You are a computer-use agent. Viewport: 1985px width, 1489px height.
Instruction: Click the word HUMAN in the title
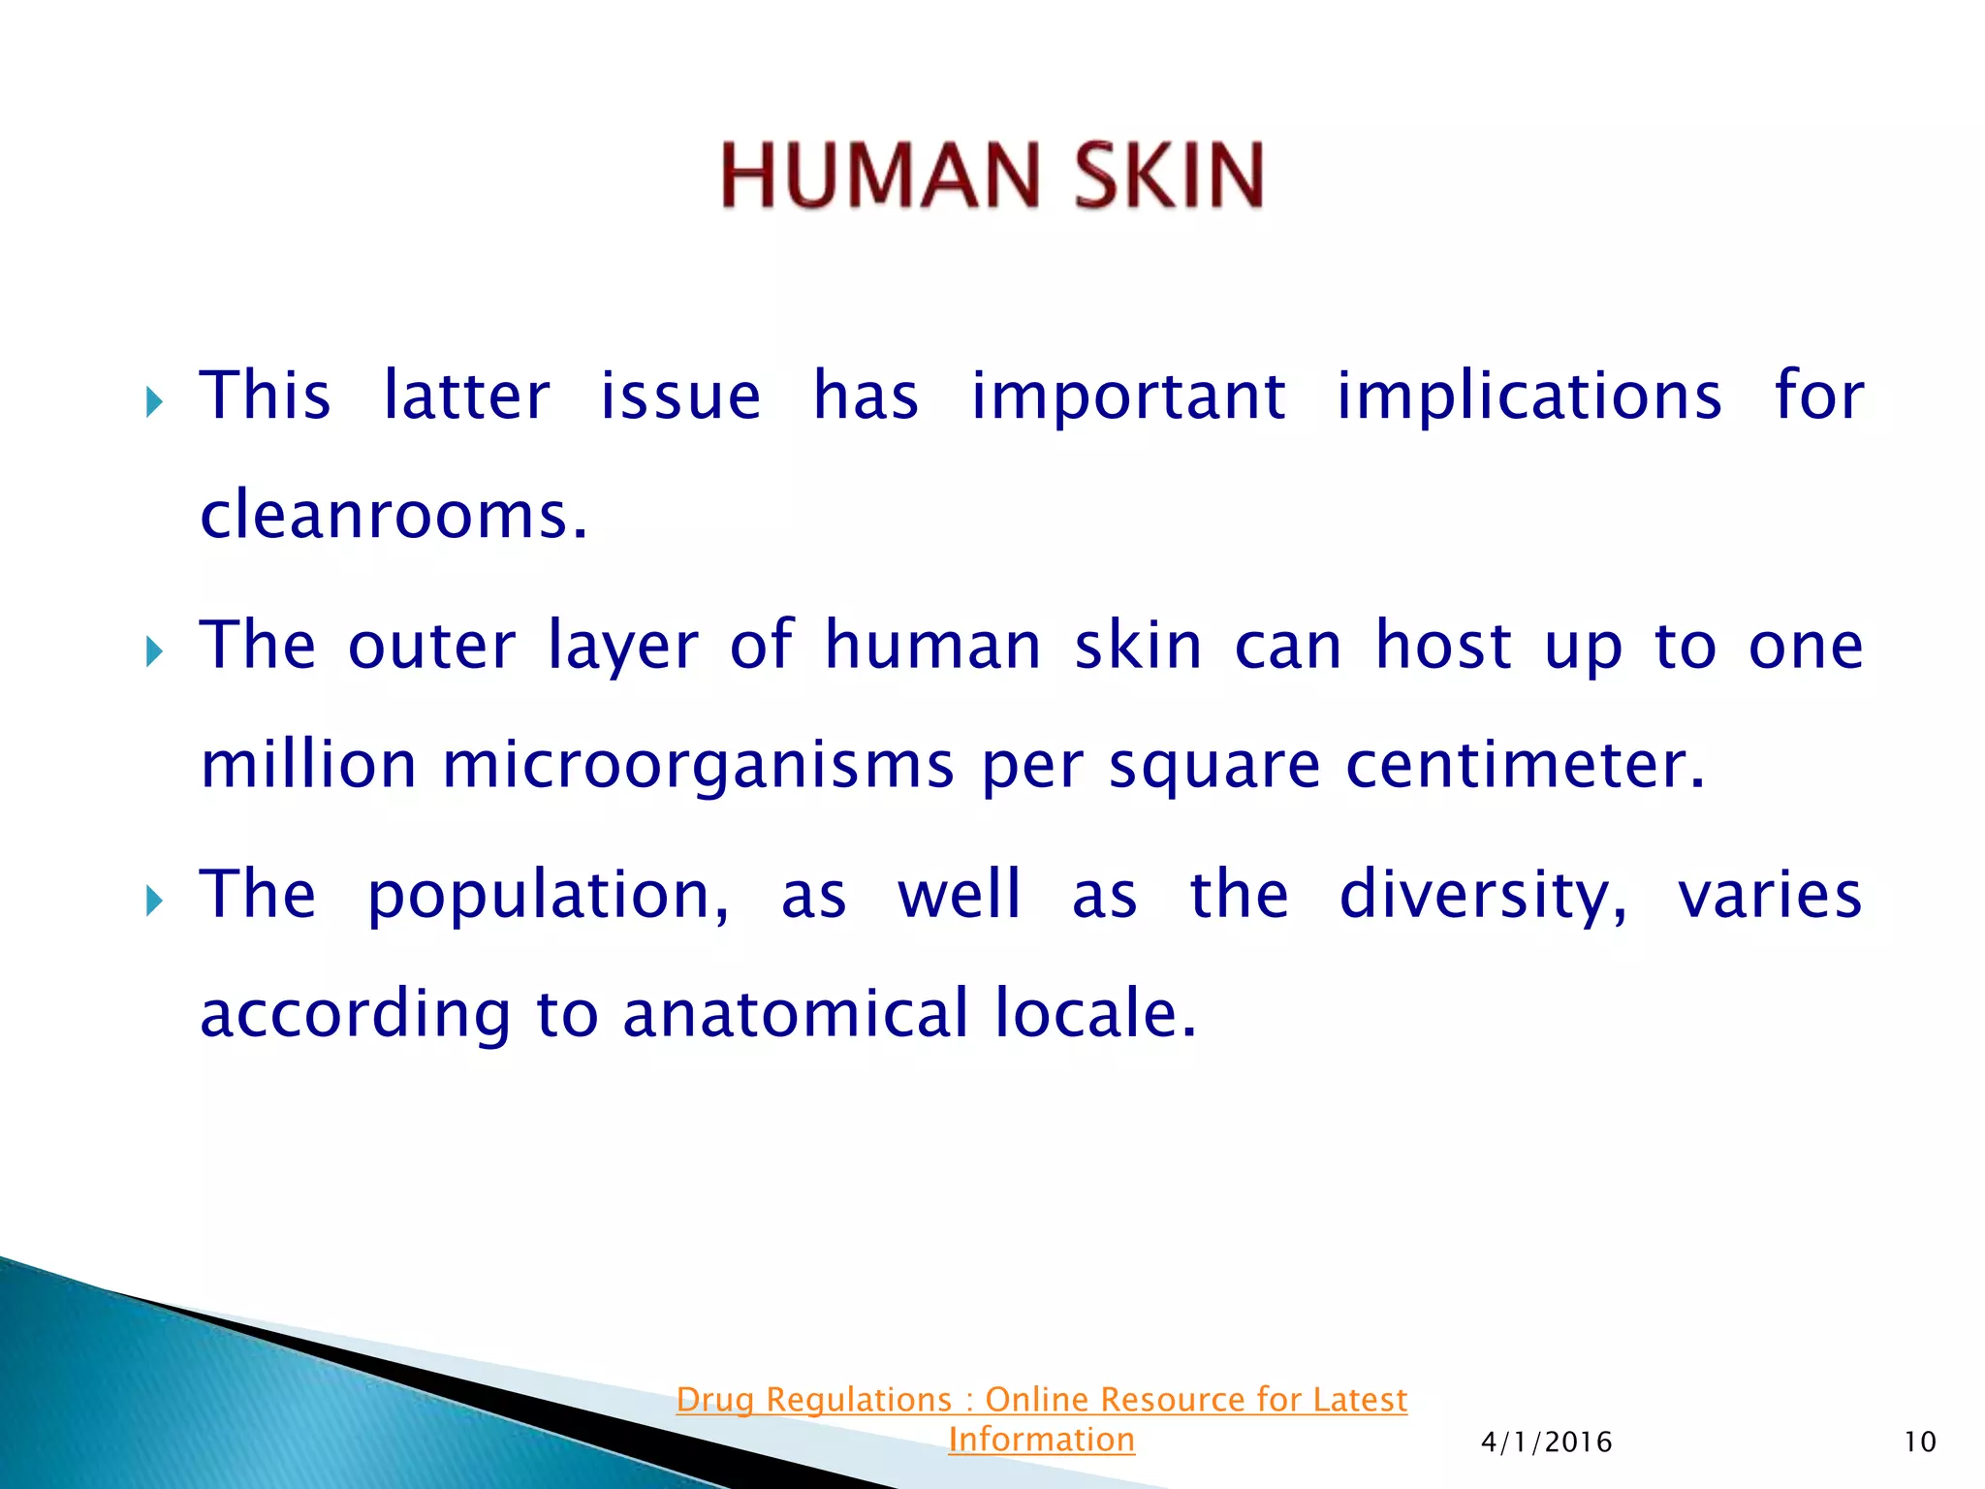coord(880,175)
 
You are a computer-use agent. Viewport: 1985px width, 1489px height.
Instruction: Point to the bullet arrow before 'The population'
coord(154,901)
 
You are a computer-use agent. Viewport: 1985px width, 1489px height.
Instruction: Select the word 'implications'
coord(1528,397)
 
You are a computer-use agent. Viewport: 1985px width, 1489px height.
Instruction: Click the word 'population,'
coord(549,897)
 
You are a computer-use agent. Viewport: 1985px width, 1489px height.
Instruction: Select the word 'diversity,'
coord(1483,897)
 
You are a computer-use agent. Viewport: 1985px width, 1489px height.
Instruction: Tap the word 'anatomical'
coord(795,1014)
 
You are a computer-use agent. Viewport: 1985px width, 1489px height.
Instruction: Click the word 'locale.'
coord(1096,1014)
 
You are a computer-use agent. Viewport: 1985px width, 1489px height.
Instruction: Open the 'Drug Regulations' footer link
coord(1041,1400)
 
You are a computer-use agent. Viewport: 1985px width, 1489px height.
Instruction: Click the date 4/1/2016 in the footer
coord(1547,1442)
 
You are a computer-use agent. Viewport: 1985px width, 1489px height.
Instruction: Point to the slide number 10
coord(1920,1442)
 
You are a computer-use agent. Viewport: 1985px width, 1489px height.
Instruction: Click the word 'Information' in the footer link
coord(1041,1440)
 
